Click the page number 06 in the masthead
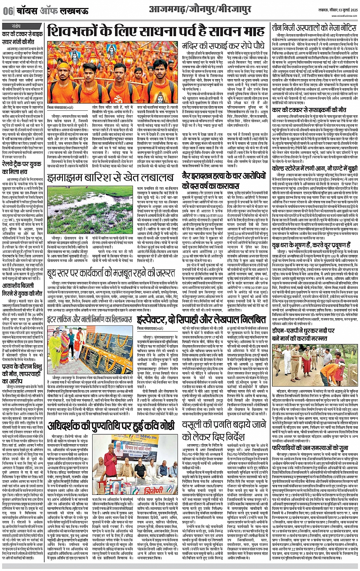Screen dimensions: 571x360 [8, 11]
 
